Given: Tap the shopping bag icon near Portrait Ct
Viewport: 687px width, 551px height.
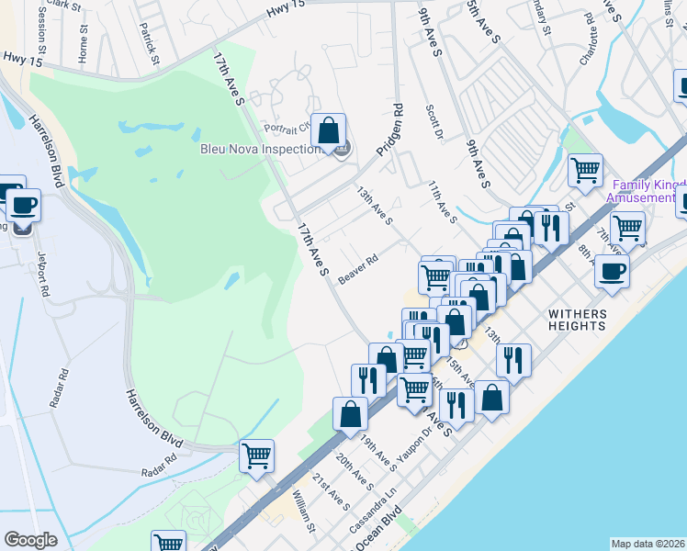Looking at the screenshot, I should pos(329,130).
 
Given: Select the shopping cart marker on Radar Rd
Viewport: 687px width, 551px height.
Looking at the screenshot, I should pos(256,455).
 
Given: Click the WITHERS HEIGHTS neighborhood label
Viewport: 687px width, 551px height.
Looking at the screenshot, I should pos(590,320).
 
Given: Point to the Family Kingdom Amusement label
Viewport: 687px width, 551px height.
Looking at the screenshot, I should pos(646,192).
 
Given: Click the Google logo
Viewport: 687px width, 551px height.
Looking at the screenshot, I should pos(30,539).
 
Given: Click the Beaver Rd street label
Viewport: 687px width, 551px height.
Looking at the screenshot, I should pos(358,269).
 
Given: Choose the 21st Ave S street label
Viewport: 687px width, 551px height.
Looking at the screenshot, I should pos(331,491).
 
